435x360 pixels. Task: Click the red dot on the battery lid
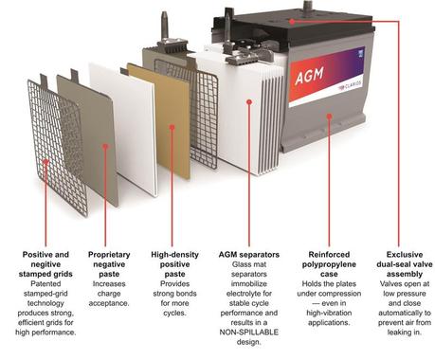291,19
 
